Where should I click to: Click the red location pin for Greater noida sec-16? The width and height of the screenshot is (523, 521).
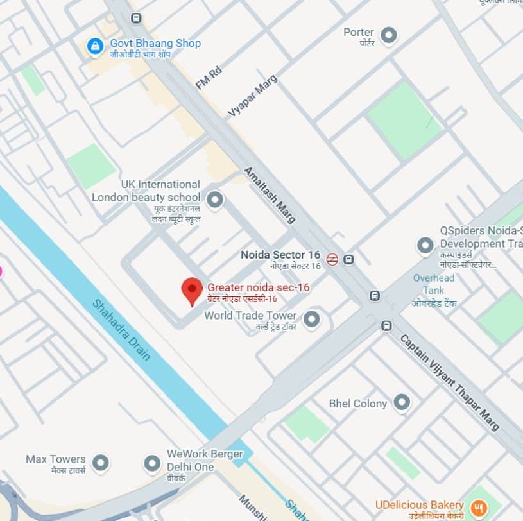pos(191,291)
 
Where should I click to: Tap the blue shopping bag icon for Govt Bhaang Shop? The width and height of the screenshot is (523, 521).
pos(95,46)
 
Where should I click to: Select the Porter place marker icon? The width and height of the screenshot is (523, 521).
pos(388,35)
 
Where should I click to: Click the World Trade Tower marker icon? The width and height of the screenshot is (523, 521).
pos(311,319)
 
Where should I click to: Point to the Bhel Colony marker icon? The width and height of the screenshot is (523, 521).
pos(402,403)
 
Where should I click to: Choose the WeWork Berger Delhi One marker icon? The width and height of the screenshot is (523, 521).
pos(152,463)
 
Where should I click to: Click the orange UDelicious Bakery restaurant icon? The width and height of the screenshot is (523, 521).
pos(478,508)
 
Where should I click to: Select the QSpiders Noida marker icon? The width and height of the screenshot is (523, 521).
pos(425,244)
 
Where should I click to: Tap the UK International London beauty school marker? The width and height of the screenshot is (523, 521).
pos(215,200)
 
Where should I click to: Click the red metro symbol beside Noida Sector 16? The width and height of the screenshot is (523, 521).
pos(332,259)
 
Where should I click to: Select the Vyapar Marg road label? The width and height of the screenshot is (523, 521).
pos(253,96)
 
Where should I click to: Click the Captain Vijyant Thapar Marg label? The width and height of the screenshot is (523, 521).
pos(449,382)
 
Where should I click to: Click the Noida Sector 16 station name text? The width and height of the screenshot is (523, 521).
pos(280,255)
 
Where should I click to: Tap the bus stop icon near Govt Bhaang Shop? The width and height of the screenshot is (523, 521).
pos(135,18)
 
